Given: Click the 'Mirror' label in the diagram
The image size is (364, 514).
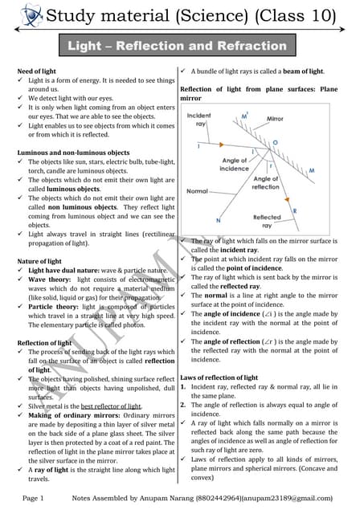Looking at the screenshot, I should coord(275,118).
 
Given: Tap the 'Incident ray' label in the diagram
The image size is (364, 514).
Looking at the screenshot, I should coord(198,120).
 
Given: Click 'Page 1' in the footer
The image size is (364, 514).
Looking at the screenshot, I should coord(32,500).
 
